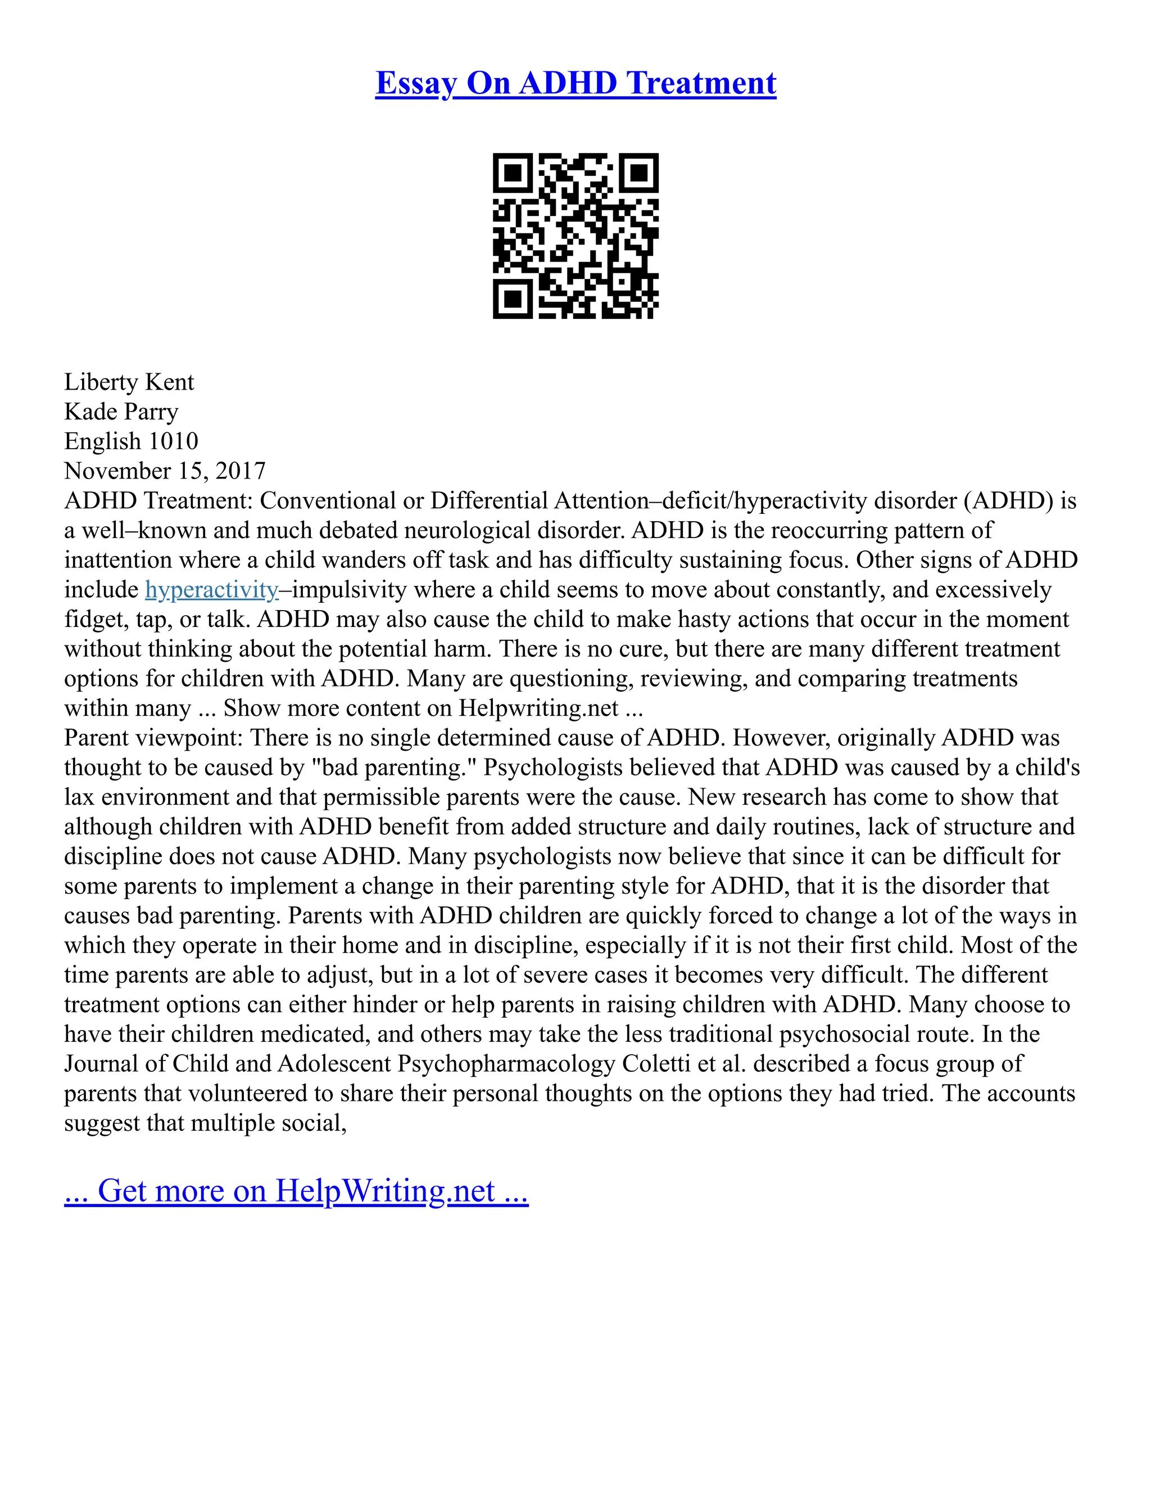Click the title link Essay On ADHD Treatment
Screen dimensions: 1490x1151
[575, 84]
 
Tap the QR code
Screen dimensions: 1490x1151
[575, 236]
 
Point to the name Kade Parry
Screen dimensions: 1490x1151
[121, 412]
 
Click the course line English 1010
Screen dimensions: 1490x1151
[131, 441]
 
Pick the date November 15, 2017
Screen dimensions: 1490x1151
[165, 471]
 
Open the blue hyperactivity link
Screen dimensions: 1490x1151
[211, 589]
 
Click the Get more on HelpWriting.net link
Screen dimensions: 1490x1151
[296, 1191]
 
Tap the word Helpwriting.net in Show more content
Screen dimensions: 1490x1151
[538, 708]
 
